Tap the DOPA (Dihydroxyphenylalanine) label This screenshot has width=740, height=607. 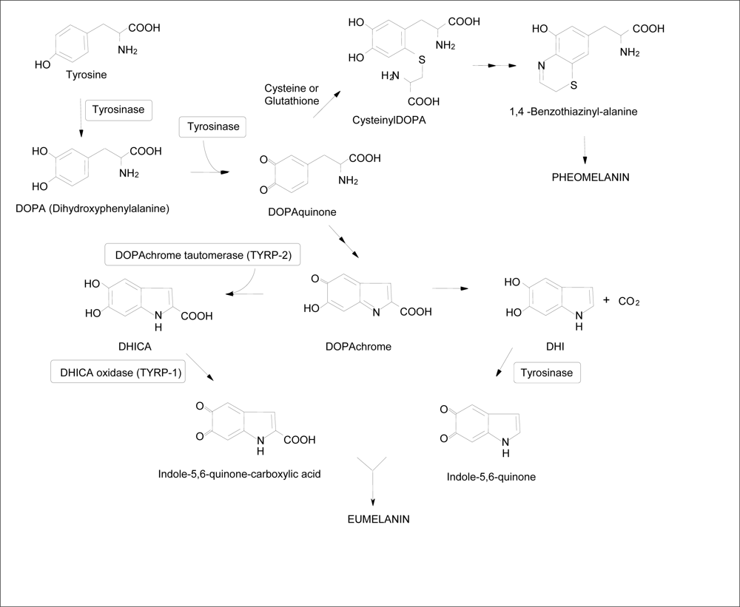(x=92, y=208)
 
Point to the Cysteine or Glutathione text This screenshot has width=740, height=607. (x=292, y=95)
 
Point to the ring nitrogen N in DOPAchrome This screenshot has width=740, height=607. (x=376, y=313)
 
